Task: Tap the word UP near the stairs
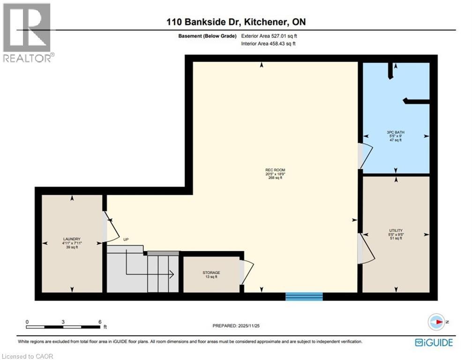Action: pos(126,240)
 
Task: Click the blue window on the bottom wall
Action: pos(304,296)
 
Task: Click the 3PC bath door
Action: pos(365,156)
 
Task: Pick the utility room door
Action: pos(366,248)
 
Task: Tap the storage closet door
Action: pos(247,272)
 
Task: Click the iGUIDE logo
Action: pos(434,343)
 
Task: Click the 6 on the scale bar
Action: pos(99,322)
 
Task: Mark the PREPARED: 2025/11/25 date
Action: pos(236,326)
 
